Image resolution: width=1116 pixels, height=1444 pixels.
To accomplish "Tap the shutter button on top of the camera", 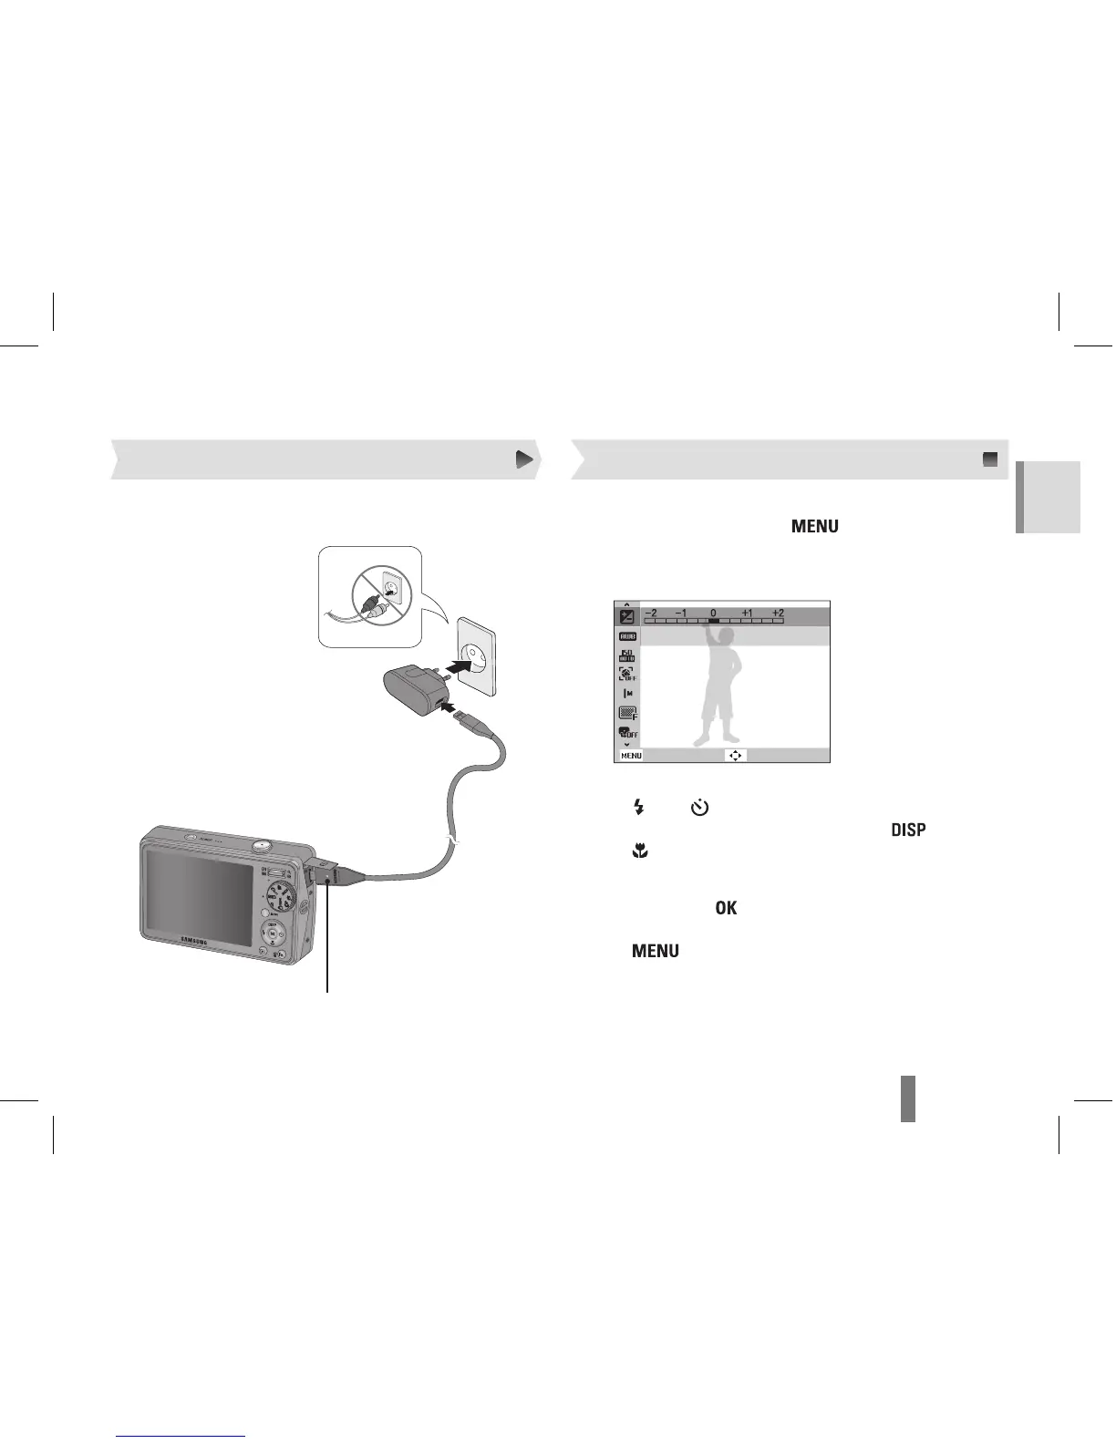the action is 260,845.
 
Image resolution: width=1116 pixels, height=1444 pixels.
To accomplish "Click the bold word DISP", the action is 907,830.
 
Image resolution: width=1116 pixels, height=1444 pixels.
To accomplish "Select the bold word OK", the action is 726,908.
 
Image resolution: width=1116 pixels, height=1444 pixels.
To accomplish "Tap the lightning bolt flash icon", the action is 639,807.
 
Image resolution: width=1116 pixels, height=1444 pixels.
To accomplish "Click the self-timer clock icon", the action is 699,807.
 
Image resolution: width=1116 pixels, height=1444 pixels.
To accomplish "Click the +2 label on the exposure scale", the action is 777,614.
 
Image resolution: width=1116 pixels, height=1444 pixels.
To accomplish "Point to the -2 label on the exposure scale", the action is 650,614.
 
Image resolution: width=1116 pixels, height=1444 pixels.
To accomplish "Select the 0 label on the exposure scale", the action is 713,614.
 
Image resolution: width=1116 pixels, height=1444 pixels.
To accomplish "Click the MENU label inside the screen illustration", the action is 631,756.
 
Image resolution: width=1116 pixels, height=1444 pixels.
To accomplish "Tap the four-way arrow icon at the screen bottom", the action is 735,756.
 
